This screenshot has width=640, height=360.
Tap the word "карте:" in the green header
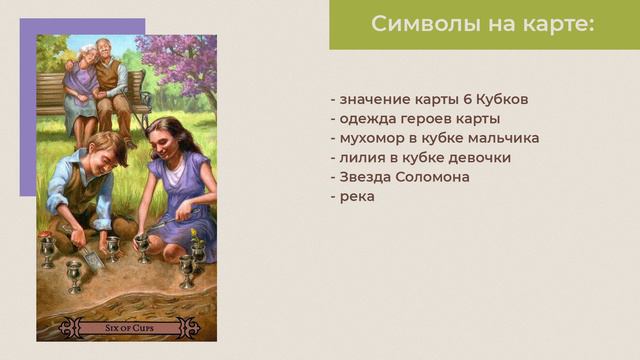pyautogui.click(x=558, y=24)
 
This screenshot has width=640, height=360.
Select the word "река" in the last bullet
pyautogui.click(x=357, y=196)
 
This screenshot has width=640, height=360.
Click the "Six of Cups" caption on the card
pyautogui.click(x=127, y=328)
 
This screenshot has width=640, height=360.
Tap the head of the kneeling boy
pyautogui.click(x=104, y=150)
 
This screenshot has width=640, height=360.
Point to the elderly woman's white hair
pyautogui.click(x=88, y=49)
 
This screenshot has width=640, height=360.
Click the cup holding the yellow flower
pyautogui.click(x=197, y=247)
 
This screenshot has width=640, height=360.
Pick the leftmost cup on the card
pyautogui.click(x=47, y=250)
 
